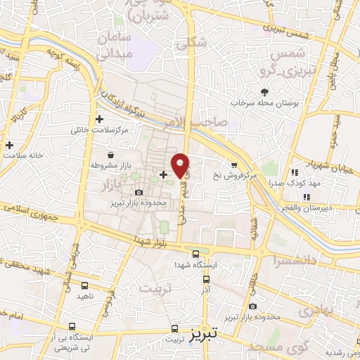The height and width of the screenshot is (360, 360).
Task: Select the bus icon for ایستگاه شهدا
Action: pos(195,254)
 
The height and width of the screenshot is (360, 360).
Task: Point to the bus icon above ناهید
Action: pos(85,285)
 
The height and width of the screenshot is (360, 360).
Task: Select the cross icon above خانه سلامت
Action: pos(10,146)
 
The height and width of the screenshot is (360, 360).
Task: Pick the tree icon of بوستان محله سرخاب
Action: pos(264,92)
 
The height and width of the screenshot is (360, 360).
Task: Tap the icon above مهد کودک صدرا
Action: pos(295,172)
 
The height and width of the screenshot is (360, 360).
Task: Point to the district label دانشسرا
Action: pos(294,260)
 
